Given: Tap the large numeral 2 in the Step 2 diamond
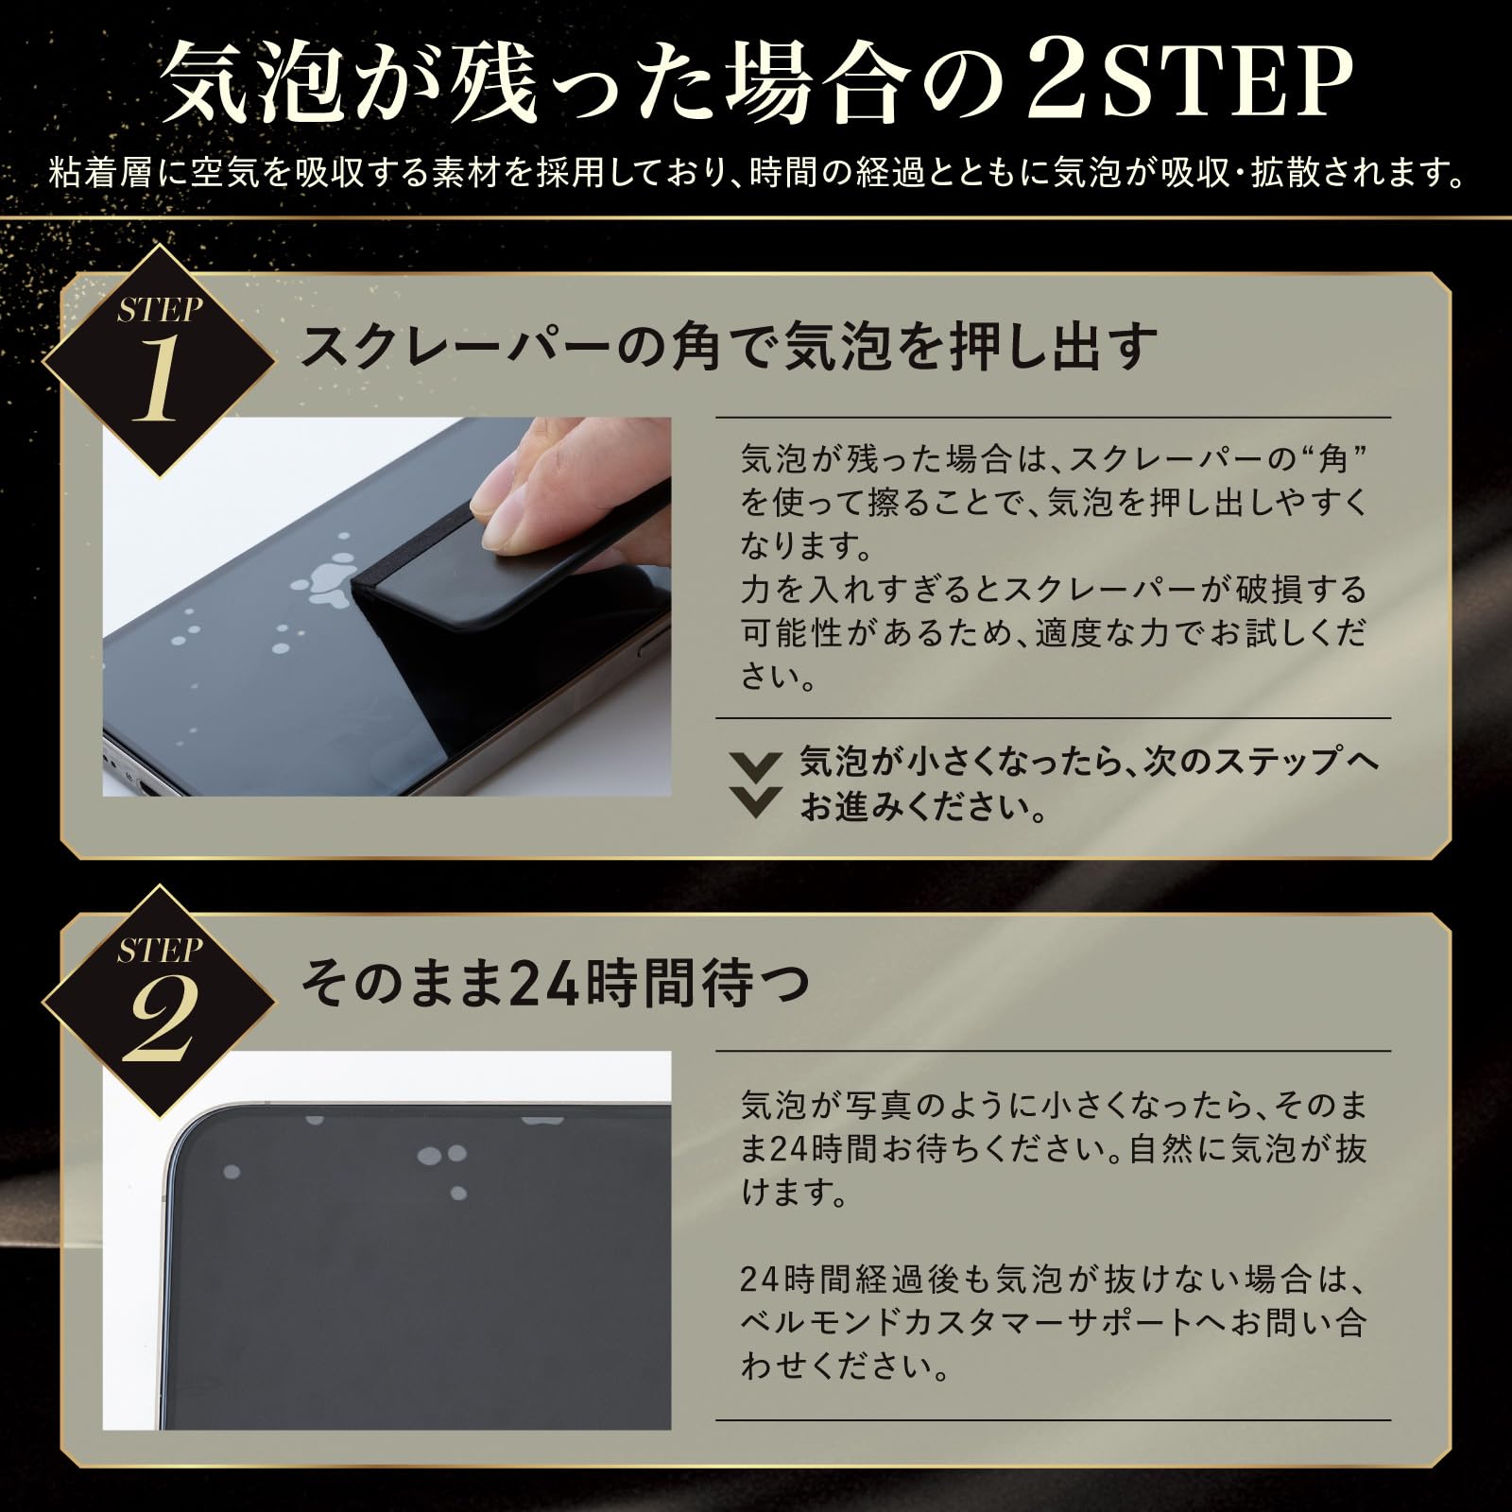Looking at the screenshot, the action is point(158,1019).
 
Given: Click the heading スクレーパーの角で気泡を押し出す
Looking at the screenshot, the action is point(729,346).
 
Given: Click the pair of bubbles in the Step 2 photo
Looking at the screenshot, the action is point(441,1155).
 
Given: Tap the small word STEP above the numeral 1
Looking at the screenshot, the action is point(160,308).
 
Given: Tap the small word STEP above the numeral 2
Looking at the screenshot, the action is point(160,949).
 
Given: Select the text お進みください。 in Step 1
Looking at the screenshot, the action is point(923,807).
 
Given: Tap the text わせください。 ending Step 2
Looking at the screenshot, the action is point(844,1365).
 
